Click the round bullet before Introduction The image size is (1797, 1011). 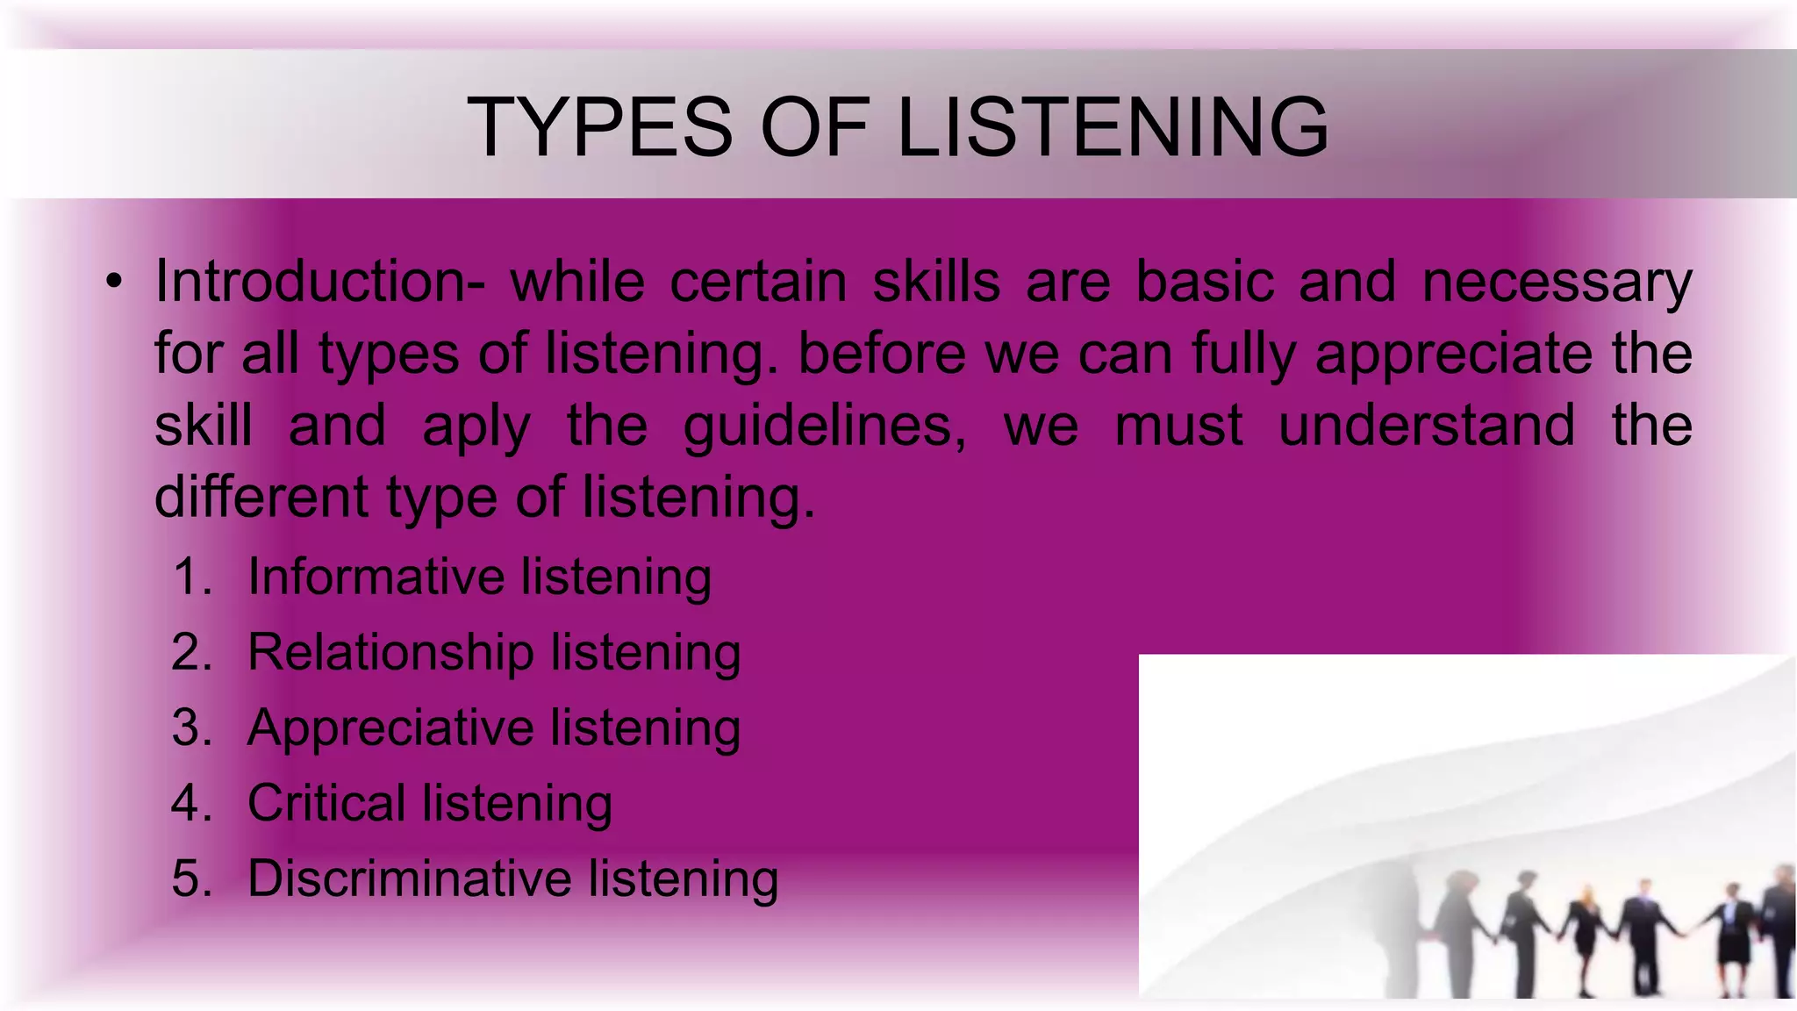(112, 283)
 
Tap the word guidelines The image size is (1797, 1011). (824, 427)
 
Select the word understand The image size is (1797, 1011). (1427, 426)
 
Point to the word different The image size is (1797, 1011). (261, 497)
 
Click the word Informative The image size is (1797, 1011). (376, 577)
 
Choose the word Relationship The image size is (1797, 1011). (390, 653)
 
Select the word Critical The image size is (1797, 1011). (326, 803)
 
